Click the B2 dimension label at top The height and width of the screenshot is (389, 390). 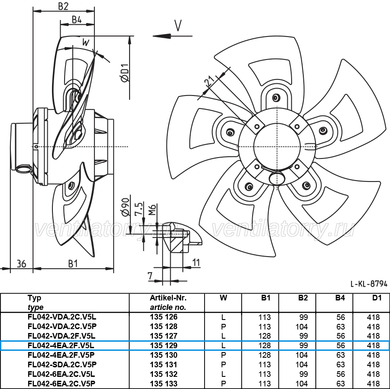coord(63,6)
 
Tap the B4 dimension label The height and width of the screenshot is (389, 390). coord(77,19)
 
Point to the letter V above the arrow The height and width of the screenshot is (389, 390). coord(178,26)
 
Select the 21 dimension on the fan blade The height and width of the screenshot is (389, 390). coord(209,81)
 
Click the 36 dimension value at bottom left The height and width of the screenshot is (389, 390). coord(21,264)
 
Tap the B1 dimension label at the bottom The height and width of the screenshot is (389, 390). coord(73,264)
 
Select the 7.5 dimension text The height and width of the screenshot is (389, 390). coord(139,208)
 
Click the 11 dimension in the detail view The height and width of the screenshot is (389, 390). coord(196,262)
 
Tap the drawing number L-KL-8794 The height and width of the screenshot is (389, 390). coord(369,284)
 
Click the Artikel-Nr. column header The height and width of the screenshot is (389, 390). coord(168,298)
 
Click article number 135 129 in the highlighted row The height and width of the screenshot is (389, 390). coord(164,346)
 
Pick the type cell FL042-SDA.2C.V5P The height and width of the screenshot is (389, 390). coord(62,364)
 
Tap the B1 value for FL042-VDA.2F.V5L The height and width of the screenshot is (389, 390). coord(264,336)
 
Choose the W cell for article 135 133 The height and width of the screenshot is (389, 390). coord(223,383)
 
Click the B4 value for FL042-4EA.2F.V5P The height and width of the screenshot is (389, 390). coord(341,355)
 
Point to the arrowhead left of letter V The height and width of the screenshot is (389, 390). coord(162,36)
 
